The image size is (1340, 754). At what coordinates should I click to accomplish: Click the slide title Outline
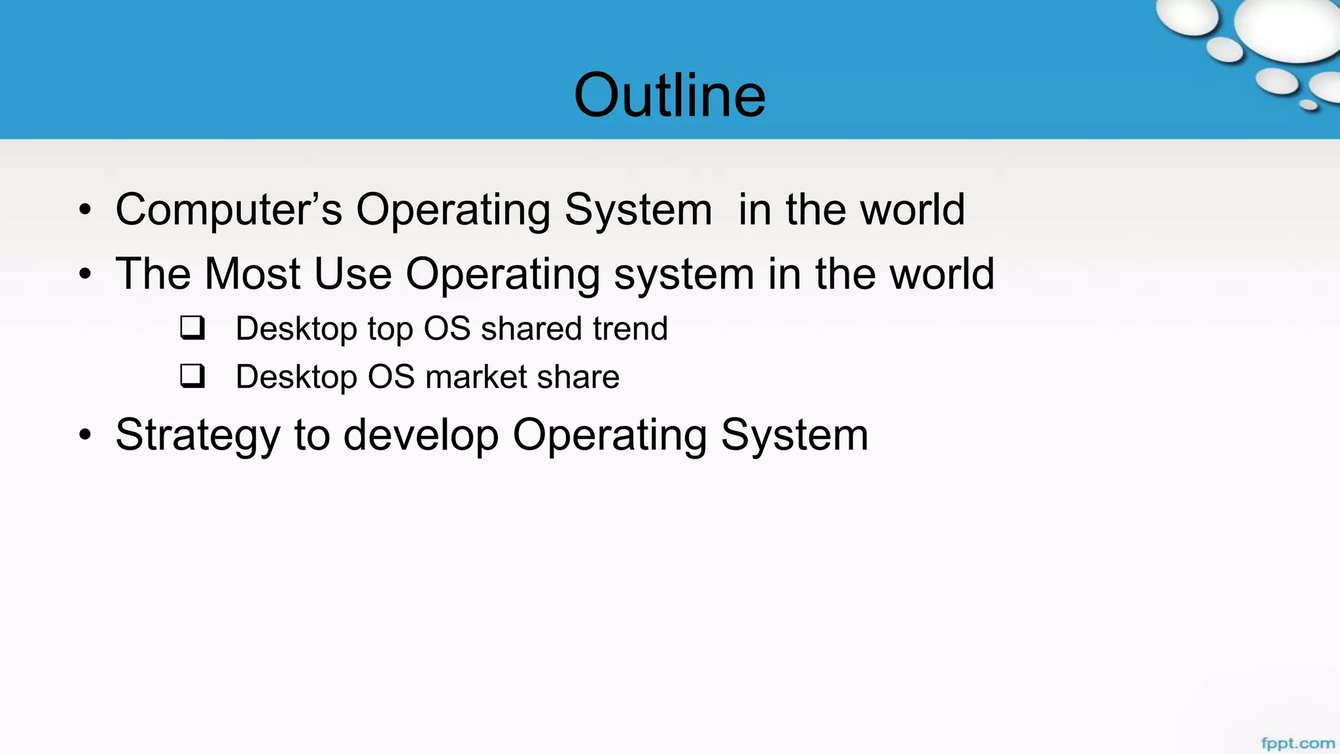click(669, 96)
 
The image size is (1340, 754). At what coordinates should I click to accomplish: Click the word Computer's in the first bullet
click(228, 210)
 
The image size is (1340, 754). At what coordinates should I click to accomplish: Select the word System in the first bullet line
click(638, 210)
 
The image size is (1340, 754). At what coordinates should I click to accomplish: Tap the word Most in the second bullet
click(253, 274)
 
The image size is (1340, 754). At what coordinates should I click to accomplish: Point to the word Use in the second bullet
click(353, 274)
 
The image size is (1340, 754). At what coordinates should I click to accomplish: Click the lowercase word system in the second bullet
click(684, 275)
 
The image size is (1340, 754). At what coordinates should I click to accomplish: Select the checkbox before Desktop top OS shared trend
click(192, 328)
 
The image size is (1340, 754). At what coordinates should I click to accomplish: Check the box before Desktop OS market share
click(192, 376)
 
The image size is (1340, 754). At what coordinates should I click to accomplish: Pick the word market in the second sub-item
click(476, 377)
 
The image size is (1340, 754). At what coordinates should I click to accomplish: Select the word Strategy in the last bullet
click(198, 436)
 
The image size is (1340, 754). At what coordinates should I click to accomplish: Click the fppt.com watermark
click(1297, 744)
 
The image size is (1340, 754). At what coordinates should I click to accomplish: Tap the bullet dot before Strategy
click(85, 435)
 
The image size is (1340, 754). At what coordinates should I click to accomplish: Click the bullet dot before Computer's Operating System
click(85, 210)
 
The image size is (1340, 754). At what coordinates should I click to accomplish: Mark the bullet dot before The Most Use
click(85, 274)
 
